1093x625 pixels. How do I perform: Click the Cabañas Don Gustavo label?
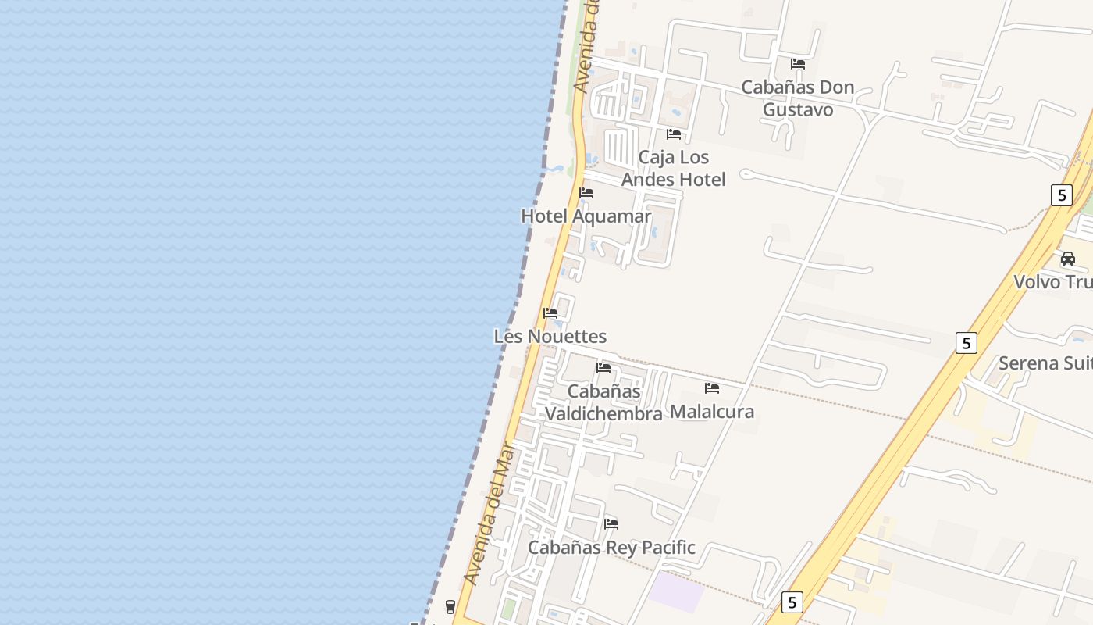coord(797,98)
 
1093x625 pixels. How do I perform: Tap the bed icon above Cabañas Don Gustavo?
coord(797,64)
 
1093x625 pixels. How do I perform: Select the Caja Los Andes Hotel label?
coord(673,168)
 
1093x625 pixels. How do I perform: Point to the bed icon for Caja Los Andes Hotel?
coord(673,134)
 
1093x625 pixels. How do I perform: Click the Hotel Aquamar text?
coord(586,216)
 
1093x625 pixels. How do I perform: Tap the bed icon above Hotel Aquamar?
coord(586,193)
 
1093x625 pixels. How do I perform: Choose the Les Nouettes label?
coord(550,337)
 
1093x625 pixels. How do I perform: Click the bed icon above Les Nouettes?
coord(550,313)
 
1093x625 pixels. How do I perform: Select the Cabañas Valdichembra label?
coord(603,402)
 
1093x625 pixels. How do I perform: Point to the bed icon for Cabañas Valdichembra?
coord(603,367)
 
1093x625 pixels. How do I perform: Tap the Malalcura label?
coord(712,411)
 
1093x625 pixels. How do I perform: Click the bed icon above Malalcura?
coord(712,387)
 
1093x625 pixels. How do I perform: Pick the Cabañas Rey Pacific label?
coord(611,548)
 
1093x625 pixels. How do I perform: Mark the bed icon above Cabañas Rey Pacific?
coord(611,523)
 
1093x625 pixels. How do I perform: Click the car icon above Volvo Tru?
coord(1067,259)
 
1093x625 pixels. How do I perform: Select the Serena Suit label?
coord(1045,363)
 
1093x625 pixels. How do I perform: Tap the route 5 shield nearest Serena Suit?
coord(967,342)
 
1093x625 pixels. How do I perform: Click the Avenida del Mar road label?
coord(489,514)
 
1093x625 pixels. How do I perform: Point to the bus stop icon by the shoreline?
coord(450,606)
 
